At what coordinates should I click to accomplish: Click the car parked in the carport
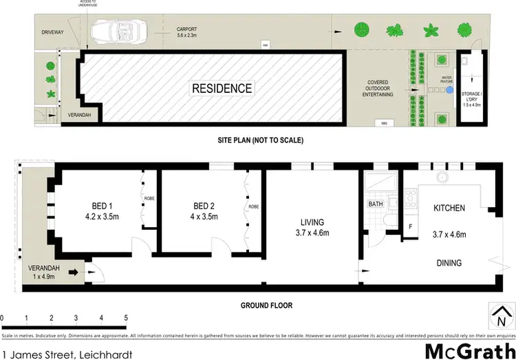(117, 31)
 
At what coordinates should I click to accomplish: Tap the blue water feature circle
(449, 89)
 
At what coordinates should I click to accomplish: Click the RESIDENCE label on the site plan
(222, 88)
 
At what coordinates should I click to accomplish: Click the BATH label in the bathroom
(375, 204)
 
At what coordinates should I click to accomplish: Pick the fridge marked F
(411, 226)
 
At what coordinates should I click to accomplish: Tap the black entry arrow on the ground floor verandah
(72, 273)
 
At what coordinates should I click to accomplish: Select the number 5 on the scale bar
(126, 318)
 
